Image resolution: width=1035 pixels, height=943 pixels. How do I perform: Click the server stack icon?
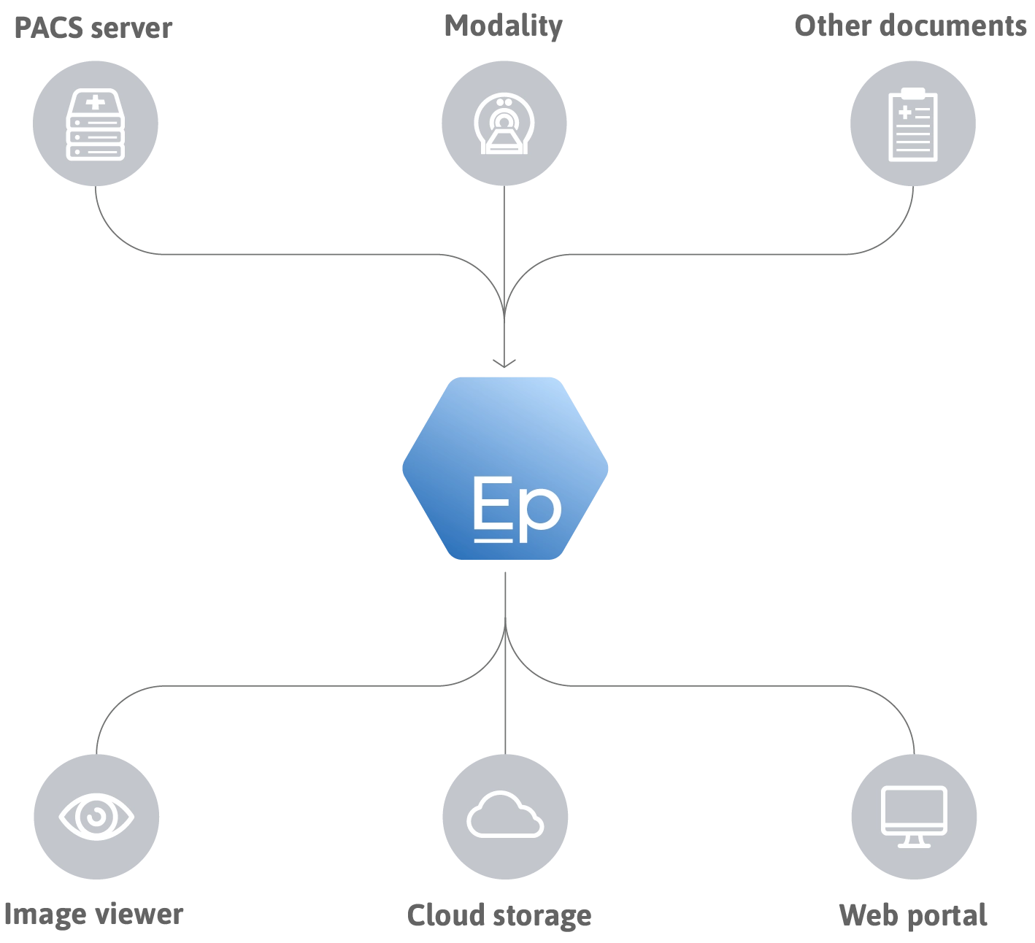(96, 124)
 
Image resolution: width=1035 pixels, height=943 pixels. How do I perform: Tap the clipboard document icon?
(912, 124)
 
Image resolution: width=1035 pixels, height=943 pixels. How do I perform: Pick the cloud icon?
(504, 815)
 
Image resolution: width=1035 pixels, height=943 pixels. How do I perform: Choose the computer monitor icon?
(913, 815)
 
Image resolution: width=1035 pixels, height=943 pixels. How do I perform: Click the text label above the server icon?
(93, 28)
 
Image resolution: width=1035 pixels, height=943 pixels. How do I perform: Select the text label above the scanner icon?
(504, 28)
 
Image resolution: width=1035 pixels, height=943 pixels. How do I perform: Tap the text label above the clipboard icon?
(911, 28)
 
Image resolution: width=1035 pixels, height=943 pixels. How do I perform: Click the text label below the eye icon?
(93, 915)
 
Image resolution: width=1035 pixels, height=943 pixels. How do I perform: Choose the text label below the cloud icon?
(499, 915)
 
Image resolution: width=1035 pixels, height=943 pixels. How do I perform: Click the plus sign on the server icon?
(95, 102)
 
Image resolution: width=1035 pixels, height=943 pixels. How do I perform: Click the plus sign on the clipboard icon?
(905, 113)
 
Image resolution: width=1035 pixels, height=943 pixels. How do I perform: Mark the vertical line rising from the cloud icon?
(504, 715)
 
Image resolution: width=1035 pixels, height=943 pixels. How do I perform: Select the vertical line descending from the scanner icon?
(504, 234)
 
